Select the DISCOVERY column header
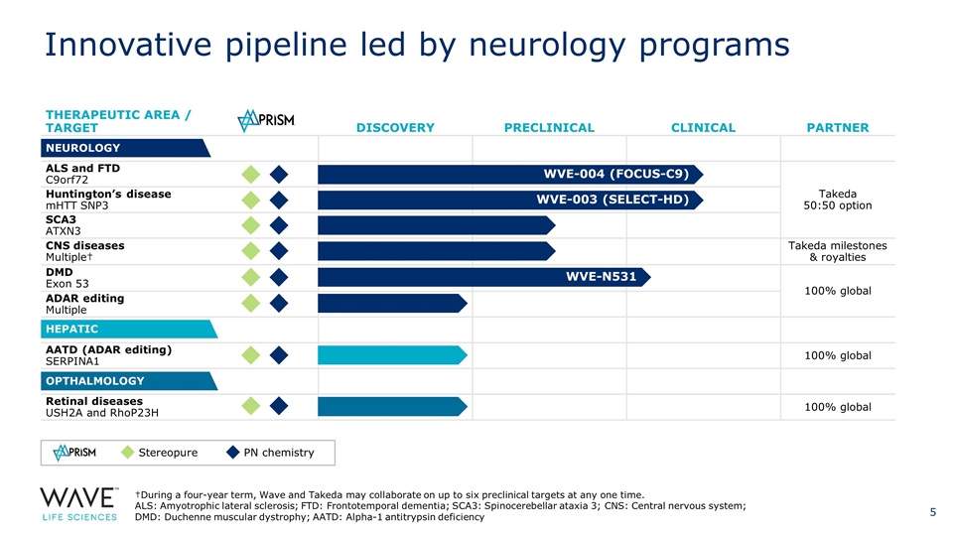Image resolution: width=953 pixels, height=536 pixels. coord(395,127)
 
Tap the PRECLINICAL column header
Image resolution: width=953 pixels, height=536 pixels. coord(549,127)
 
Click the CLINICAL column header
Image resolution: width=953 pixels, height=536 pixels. coord(703,127)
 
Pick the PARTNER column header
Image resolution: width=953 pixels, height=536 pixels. coord(839,127)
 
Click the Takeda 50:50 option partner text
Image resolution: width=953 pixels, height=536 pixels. coord(839,200)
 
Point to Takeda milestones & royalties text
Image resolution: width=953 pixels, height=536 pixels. coord(838,251)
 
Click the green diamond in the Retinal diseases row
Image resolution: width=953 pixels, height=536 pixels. coord(251,406)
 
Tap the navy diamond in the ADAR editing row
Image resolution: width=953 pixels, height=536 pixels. coord(279,303)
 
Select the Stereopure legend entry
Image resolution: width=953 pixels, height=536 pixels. coord(159,453)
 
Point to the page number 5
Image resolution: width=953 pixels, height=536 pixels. coord(932,512)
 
